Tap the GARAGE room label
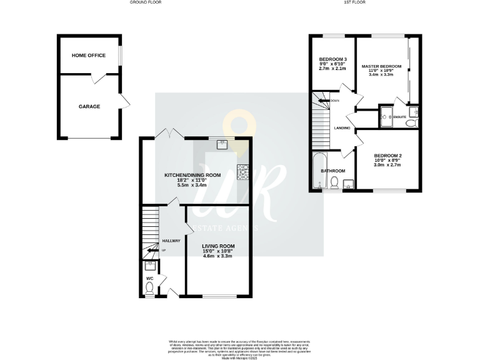coord(89,106)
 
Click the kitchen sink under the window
coord(221,145)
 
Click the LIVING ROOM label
coord(217,246)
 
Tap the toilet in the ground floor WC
coord(149,288)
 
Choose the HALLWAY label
coord(171,241)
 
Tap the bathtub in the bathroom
coord(318,171)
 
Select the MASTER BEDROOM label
coord(381,66)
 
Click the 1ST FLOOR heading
coord(355,2)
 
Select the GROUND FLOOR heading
coord(144,2)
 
